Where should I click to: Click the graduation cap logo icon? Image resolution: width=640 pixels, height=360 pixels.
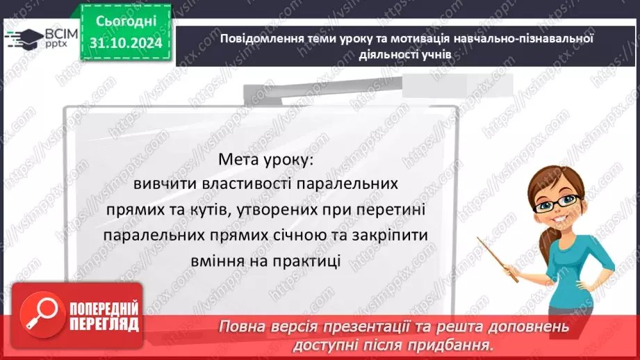point(26,36)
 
